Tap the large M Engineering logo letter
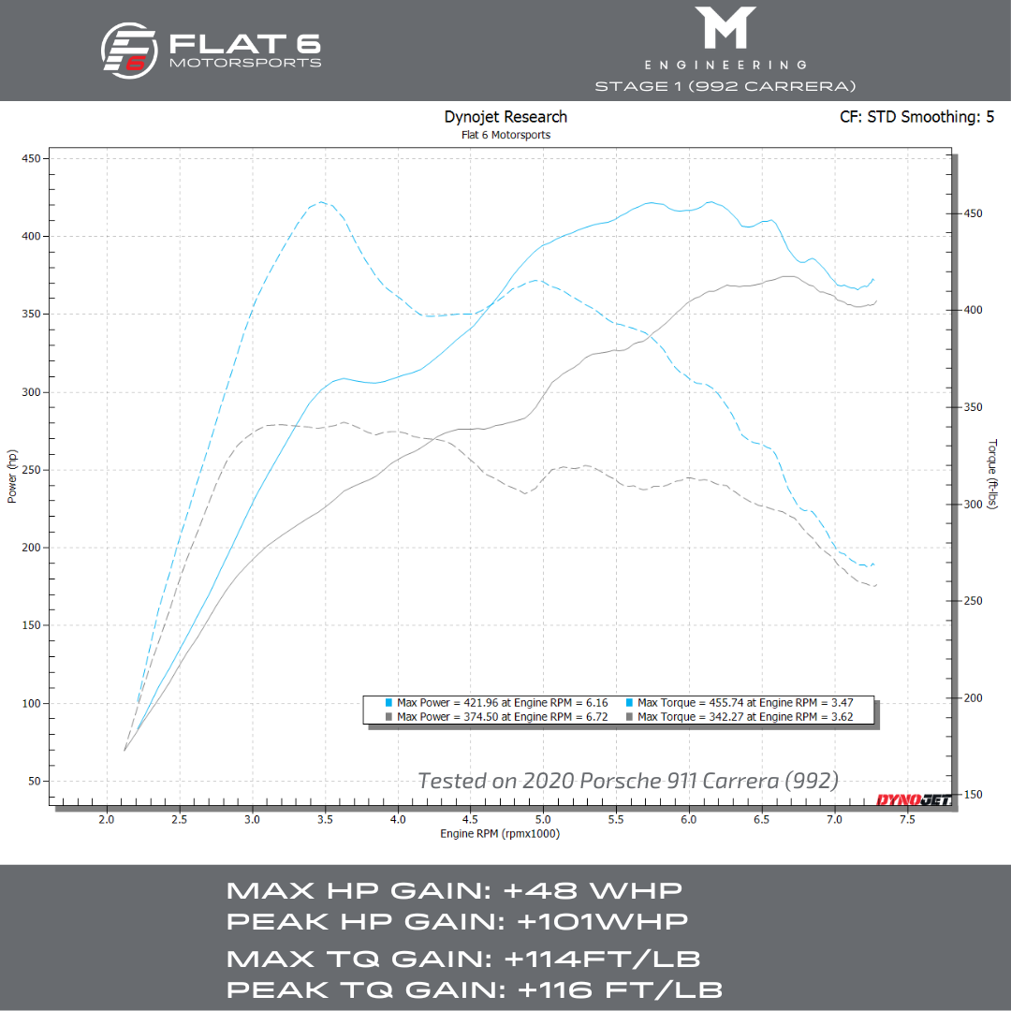coord(725,28)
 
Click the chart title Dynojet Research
coord(505,117)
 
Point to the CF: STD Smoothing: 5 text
coord(917,118)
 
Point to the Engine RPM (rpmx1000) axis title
coord(499,834)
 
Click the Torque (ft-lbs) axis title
coord(992,476)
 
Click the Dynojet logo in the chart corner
coord(913,799)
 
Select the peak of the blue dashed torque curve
coord(321,201)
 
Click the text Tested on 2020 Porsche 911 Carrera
coord(627,780)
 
